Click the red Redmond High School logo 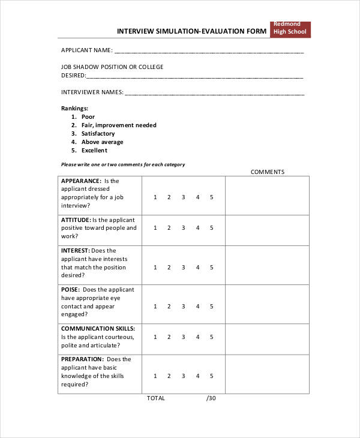click(x=290, y=29)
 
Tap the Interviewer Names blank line click(x=214, y=94)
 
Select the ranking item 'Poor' click(x=88, y=117)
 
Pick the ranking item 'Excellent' click(x=95, y=151)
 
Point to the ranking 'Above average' click(x=103, y=142)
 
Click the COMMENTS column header click(x=268, y=172)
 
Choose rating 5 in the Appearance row click(x=212, y=197)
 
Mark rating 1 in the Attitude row click(x=155, y=228)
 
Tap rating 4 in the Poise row click(x=198, y=306)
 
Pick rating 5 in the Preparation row click(x=212, y=376)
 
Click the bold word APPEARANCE click(x=81, y=181)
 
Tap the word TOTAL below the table click(x=156, y=398)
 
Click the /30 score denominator click(x=211, y=398)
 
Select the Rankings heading click(x=75, y=109)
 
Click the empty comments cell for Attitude click(x=267, y=228)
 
